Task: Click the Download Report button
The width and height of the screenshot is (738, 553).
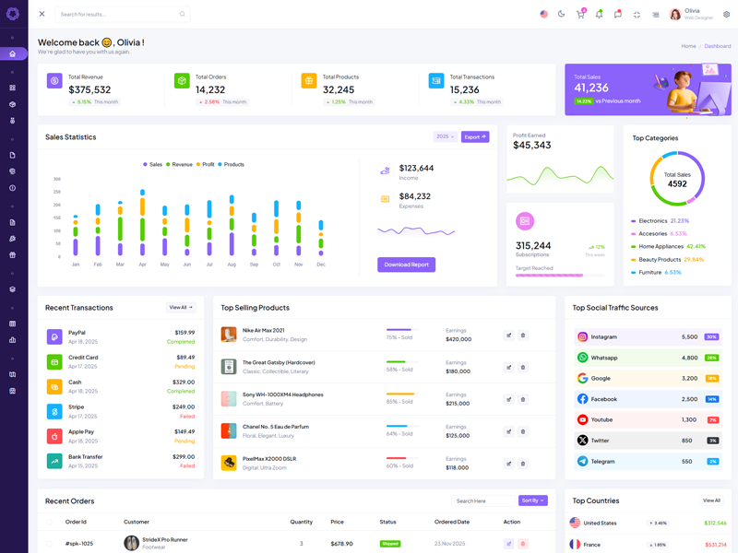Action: (406, 265)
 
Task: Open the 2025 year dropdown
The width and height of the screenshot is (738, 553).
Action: (445, 136)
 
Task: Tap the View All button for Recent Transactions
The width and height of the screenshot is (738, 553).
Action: (181, 307)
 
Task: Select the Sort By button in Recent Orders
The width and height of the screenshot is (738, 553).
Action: (532, 500)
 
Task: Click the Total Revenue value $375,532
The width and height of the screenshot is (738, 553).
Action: (89, 90)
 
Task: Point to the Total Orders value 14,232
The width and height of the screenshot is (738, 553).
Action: (210, 90)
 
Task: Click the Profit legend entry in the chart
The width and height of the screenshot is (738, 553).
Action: (208, 164)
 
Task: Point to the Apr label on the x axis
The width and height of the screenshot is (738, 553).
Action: (142, 265)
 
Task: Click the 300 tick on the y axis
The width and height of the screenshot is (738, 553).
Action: (56, 179)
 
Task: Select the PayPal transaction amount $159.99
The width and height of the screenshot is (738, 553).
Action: (184, 333)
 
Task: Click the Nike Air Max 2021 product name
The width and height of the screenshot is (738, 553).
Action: (263, 330)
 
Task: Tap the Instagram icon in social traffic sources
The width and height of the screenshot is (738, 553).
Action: (582, 337)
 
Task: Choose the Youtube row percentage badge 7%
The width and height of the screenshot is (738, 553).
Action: (712, 419)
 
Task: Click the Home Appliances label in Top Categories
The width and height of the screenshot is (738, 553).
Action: (661, 246)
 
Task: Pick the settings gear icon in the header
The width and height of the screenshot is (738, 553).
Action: (726, 14)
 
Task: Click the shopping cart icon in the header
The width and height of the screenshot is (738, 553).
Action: (580, 15)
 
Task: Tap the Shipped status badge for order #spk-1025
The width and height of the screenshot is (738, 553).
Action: (390, 544)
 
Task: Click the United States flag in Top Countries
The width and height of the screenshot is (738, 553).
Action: (575, 523)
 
